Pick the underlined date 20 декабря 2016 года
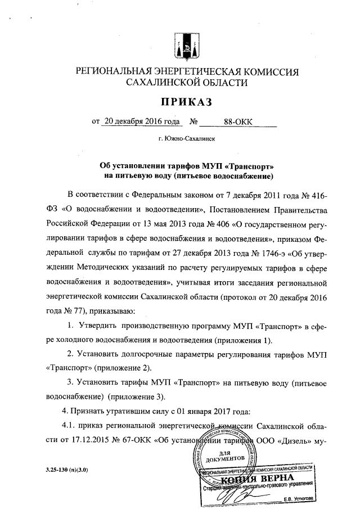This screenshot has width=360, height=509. tap(141, 121)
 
